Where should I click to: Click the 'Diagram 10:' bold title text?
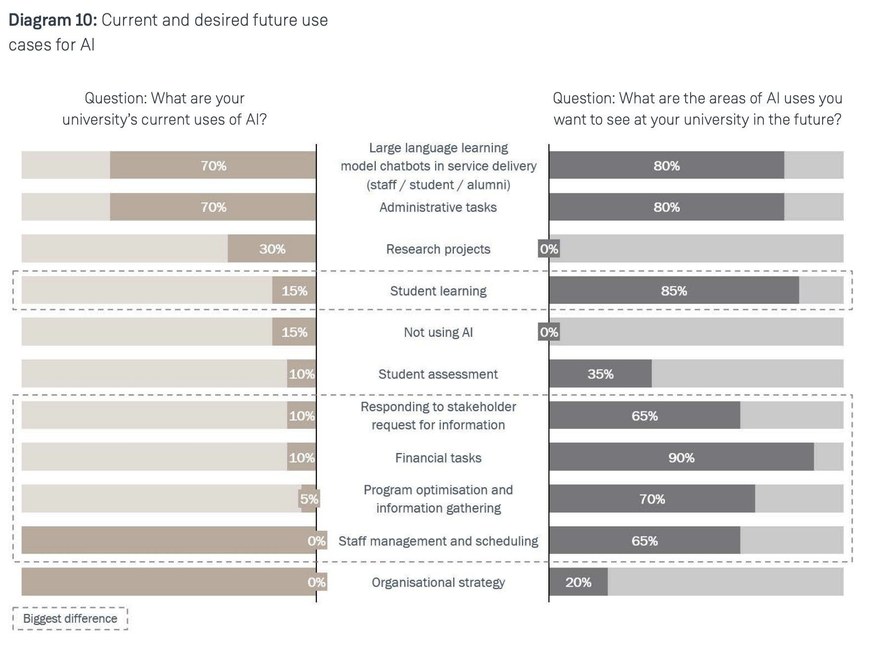53,20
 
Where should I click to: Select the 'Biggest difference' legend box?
70,618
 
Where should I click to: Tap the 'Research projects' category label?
438,249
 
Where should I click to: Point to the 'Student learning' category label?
438,291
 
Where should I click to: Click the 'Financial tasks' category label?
438,458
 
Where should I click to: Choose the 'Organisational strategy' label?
438,582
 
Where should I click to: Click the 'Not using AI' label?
438,332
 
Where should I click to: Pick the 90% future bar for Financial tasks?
681,457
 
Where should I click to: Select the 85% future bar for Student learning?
674,290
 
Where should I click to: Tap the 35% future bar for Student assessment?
600,373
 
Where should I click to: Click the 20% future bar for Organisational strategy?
578,582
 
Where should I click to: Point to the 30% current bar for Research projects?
272,248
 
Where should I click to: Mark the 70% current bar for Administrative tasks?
213,207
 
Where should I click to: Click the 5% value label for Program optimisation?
309,499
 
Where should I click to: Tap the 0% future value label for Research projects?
549,249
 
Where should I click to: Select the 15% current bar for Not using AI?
294,331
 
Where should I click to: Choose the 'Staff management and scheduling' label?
438,541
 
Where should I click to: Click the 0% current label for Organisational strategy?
316,582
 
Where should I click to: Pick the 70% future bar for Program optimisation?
652,499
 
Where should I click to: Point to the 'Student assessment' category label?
438,374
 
